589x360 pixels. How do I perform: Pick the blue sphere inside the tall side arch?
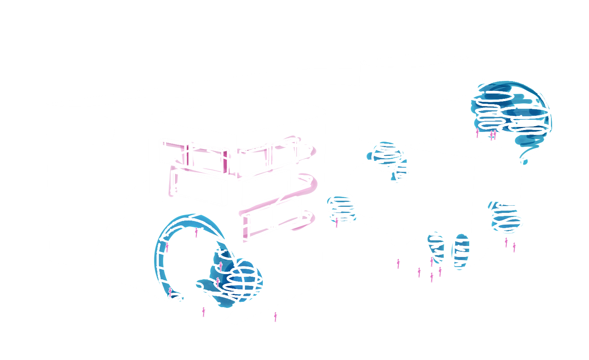[508, 216]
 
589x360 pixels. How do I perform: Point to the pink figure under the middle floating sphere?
[337, 223]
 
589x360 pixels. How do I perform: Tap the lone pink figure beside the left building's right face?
[276, 317]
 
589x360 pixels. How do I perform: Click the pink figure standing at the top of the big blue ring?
[196, 232]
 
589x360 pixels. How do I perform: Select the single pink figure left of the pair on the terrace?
[477, 133]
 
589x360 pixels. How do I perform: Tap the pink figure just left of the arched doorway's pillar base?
[398, 263]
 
